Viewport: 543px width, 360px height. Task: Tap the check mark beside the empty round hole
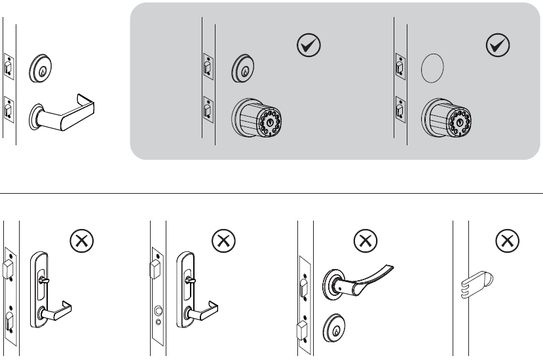click(x=498, y=45)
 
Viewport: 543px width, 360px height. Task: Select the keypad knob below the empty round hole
click(x=448, y=120)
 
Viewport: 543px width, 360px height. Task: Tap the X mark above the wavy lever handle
click(x=365, y=242)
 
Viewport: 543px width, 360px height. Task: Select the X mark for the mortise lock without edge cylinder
click(x=81, y=242)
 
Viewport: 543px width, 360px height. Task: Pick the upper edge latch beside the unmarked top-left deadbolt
click(x=8, y=68)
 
